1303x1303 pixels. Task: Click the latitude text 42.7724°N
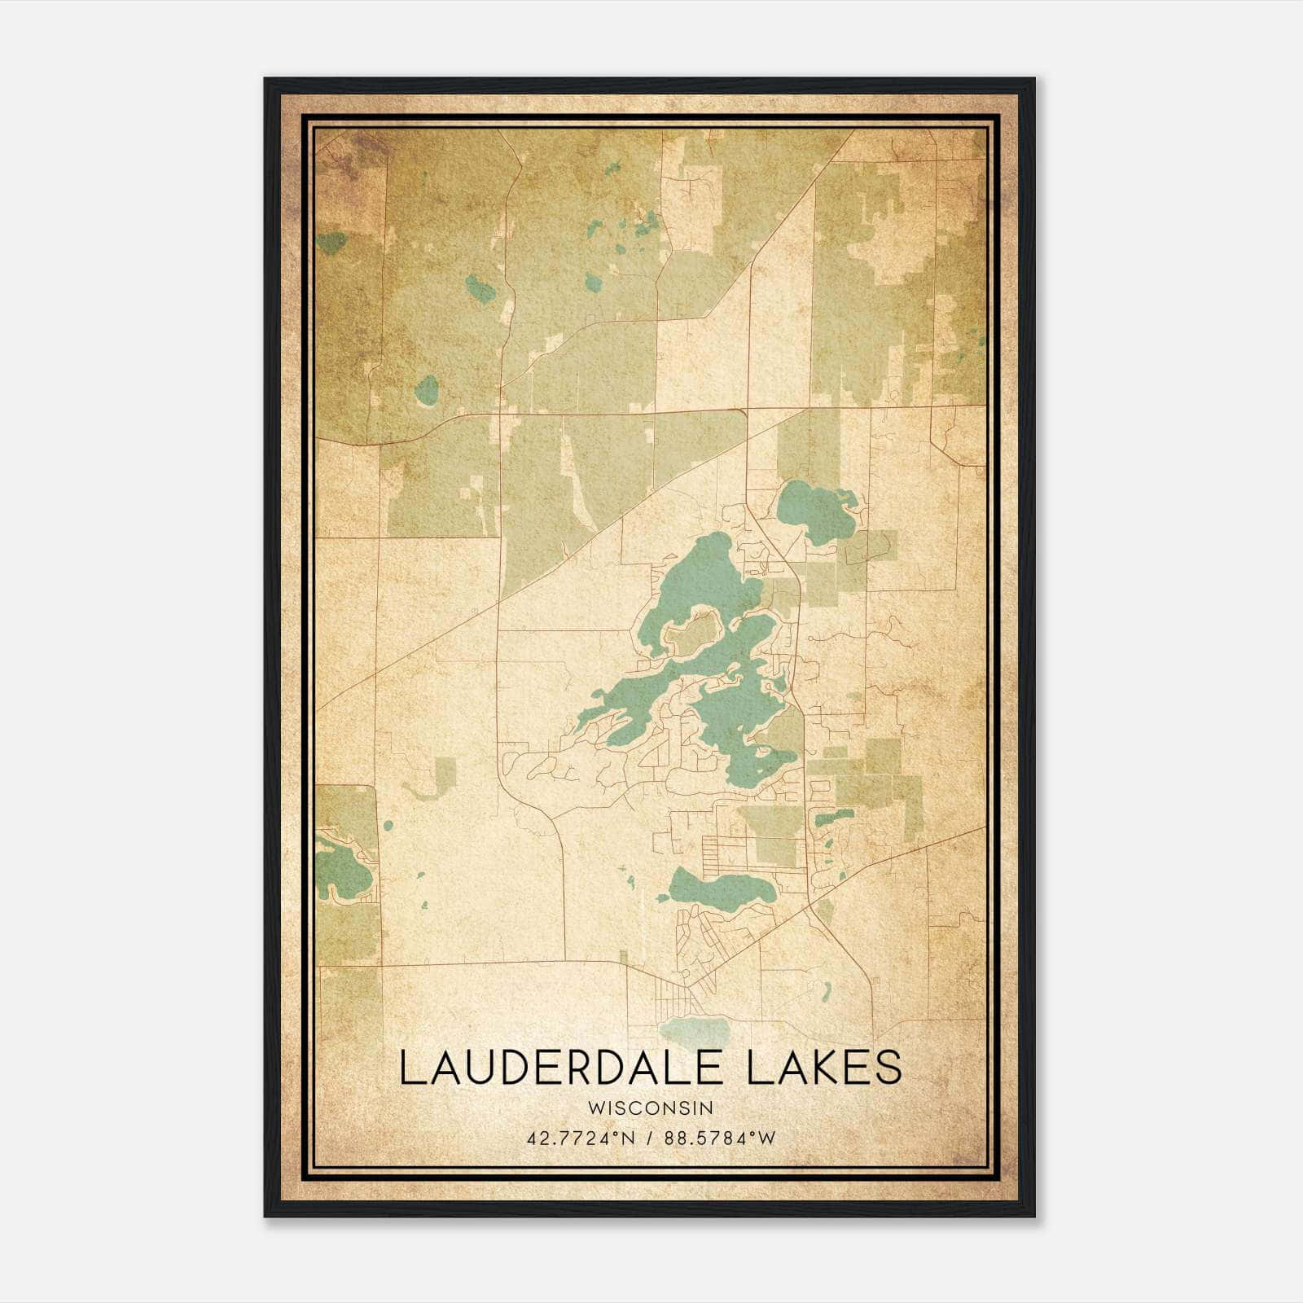[579, 1138]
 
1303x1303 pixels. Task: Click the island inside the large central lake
[694, 634]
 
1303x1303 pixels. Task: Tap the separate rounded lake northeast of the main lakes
[814, 510]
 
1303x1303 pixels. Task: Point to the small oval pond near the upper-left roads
[426, 390]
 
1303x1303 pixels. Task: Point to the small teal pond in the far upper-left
[331, 242]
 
